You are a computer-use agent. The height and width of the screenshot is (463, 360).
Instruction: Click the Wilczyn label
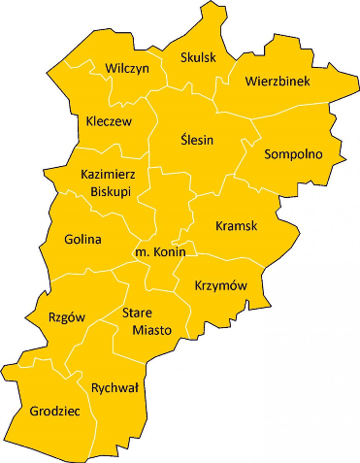coord(125,68)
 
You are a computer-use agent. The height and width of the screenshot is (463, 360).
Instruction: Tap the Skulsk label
coord(198,57)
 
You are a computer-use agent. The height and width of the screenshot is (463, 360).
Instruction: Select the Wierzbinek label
coord(278,82)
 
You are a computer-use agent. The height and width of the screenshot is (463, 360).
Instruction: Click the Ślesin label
coord(197,140)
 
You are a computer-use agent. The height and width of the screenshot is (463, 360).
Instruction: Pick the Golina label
coord(82,238)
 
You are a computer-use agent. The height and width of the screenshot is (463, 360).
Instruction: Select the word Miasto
coord(151,330)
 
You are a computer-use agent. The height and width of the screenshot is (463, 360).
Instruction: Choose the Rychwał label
coord(115,387)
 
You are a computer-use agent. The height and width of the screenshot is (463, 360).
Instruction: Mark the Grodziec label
coord(54,412)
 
